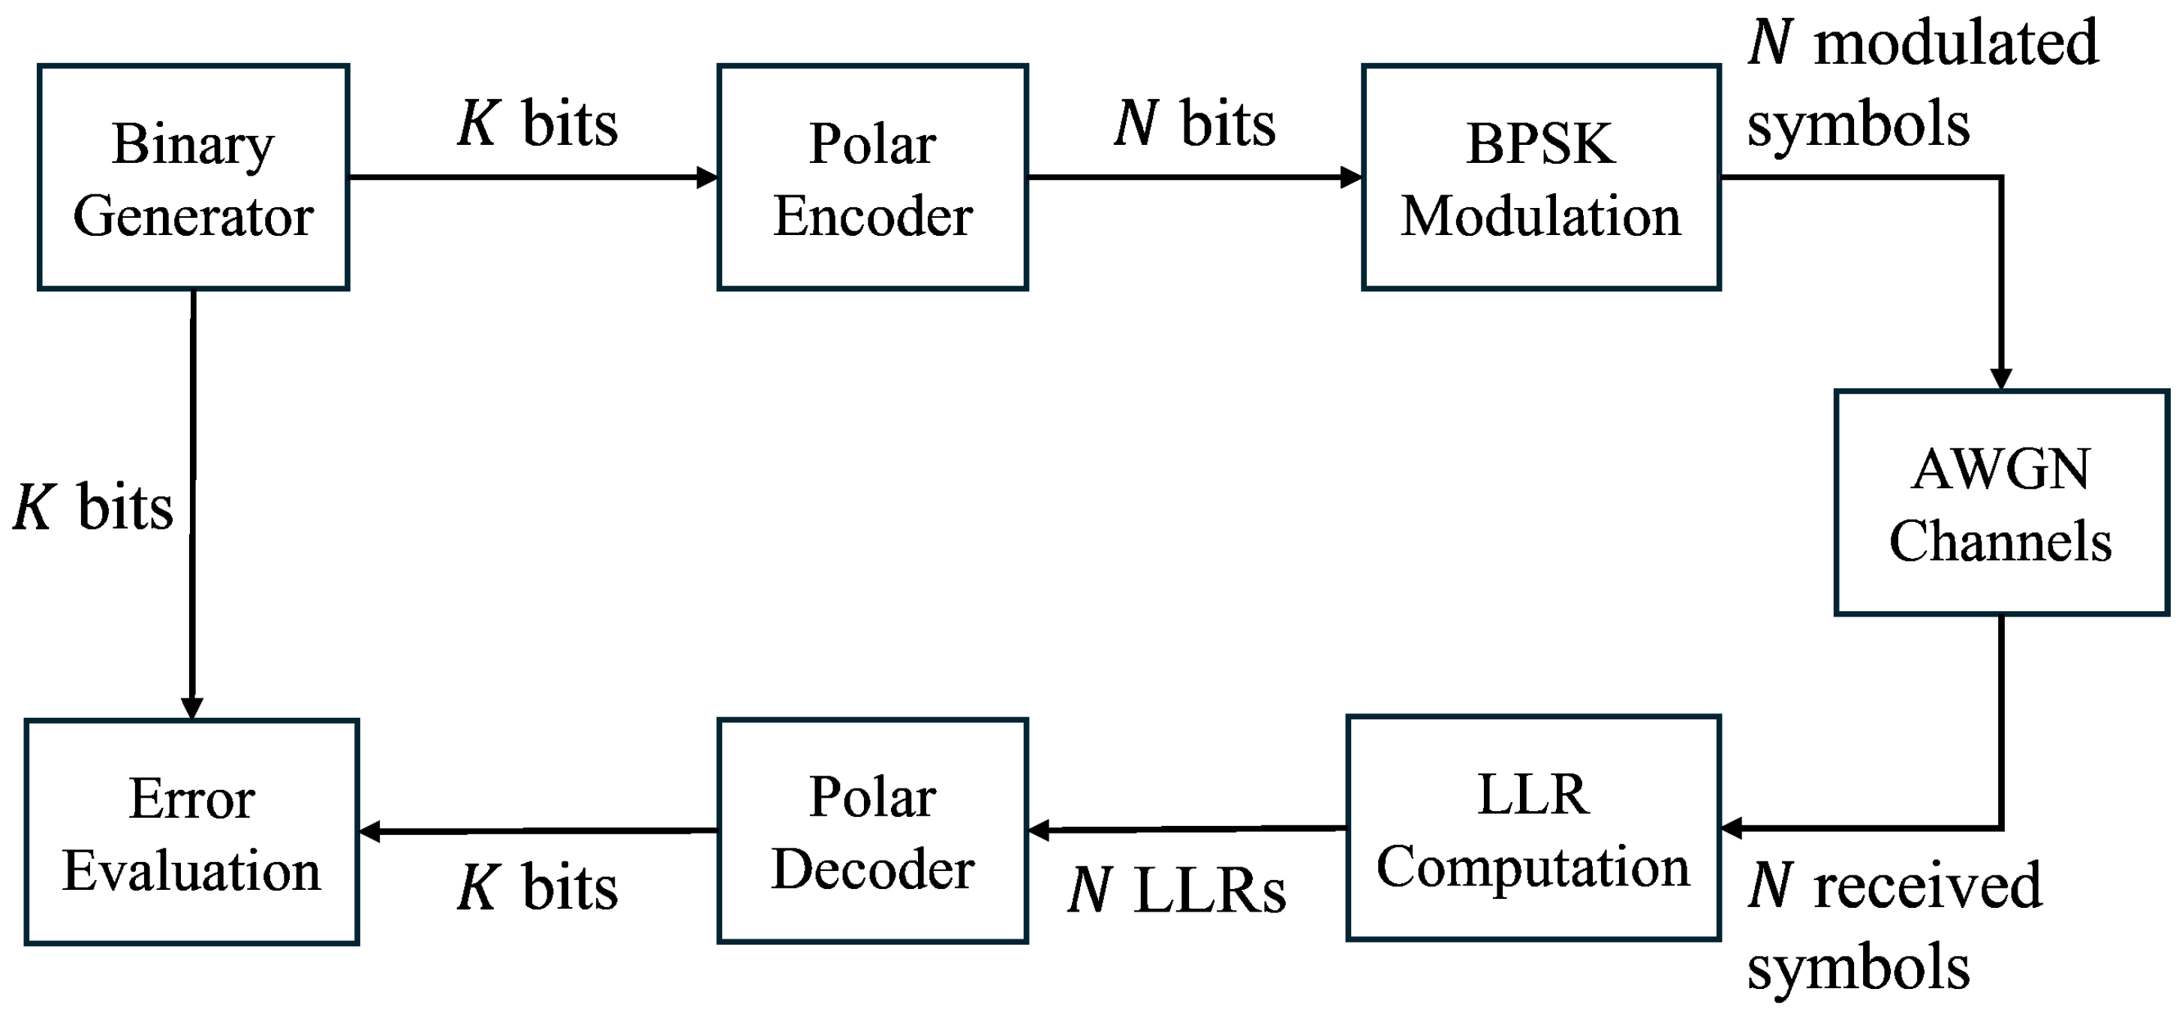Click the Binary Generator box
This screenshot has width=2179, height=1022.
(x=193, y=178)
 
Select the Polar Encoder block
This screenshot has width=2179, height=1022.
(x=872, y=178)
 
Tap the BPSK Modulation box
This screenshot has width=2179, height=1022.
(x=1540, y=178)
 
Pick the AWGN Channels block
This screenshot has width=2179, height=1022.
(x=2000, y=502)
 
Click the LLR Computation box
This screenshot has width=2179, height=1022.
(x=1533, y=828)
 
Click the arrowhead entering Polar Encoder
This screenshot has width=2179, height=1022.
(x=707, y=178)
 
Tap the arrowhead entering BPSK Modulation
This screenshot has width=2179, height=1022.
(x=1352, y=178)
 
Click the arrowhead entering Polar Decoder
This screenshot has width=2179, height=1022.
(x=1040, y=830)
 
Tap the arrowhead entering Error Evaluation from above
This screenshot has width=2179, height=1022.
(x=192, y=707)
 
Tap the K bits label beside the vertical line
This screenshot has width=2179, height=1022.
(x=93, y=508)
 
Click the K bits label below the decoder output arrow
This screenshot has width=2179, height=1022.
(x=538, y=888)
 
